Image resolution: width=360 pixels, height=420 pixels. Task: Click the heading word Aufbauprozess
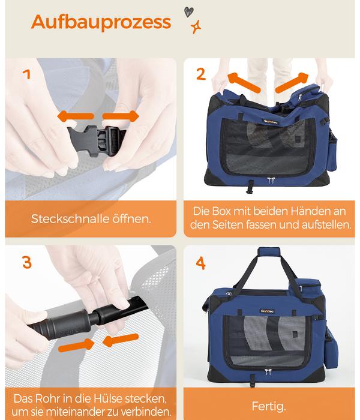pyautogui.click(x=101, y=22)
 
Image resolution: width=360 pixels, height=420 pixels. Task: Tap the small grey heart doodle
pyautogui.click(x=188, y=12)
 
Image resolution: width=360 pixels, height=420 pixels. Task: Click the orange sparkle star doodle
pyautogui.click(x=196, y=27)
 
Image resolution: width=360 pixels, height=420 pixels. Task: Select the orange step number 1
pyautogui.click(x=26, y=74)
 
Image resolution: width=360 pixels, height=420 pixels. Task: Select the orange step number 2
pyautogui.click(x=201, y=74)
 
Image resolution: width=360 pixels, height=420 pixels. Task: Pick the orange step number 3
pyautogui.click(x=27, y=262)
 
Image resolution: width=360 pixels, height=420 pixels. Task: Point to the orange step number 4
pyautogui.click(x=200, y=263)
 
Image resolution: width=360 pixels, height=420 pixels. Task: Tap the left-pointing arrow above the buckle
pyautogui.click(x=76, y=116)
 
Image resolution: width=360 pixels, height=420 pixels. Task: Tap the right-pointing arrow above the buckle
pyautogui.click(x=121, y=116)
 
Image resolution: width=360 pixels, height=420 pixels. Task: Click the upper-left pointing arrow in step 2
pyautogui.click(x=244, y=82)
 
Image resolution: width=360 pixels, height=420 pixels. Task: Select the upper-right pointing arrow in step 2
pyautogui.click(x=292, y=82)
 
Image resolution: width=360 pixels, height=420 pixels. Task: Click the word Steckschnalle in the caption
pyautogui.click(x=70, y=219)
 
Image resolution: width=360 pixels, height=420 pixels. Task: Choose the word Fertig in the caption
pyautogui.click(x=269, y=406)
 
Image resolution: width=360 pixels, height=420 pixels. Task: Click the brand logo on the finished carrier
pyautogui.click(x=267, y=311)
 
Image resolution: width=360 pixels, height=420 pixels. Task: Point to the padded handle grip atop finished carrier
pyautogui.click(x=269, y=251)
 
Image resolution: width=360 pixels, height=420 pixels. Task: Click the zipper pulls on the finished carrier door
pyautogui.click(x=268, y=372)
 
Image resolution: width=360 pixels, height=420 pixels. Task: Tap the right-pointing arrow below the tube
pyautogui.click(x=76, y=345)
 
